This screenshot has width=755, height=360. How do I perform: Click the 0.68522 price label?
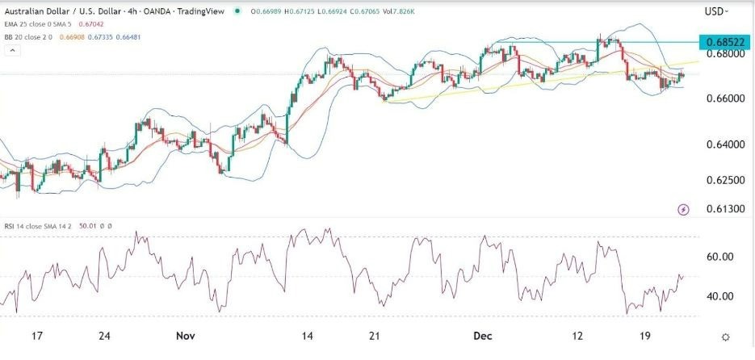[x=724, y=41]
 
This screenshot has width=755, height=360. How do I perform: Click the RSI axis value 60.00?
[x=719, y=257]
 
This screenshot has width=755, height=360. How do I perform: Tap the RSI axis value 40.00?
[x=719, y=296]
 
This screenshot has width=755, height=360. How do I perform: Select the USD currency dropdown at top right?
[x=716, y=11]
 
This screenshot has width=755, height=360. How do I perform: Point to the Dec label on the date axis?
[x=484, y=336]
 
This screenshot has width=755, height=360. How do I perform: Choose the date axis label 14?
[x=307, y=336]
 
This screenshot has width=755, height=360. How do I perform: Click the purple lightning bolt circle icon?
[x=684, y=210]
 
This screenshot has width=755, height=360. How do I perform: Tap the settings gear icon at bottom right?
[x=726, y=337]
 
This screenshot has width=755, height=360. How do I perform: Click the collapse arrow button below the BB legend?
[x=12, y=51]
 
